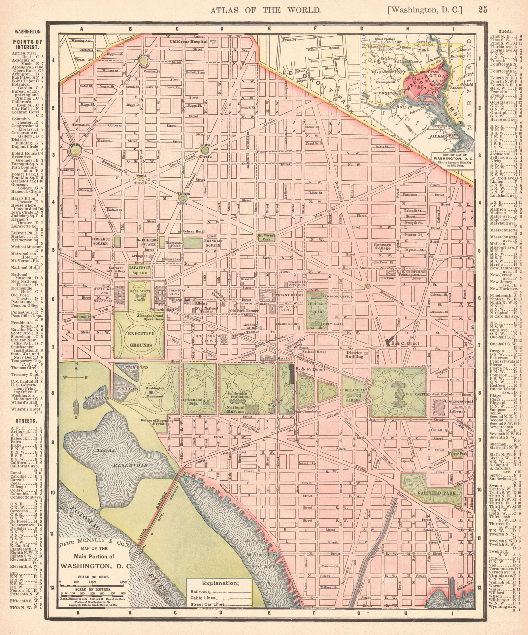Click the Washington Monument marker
(151, 392)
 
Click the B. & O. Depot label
(408, 343)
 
